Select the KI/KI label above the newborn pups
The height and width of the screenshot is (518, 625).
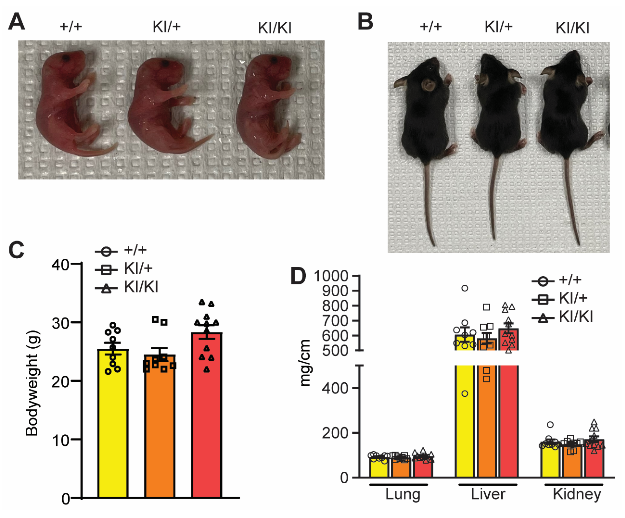(274, 28)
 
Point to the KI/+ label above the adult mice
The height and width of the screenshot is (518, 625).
(499, 27)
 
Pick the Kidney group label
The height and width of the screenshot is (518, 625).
(577, 494)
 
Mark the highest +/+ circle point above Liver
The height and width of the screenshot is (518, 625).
(465, 288)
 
